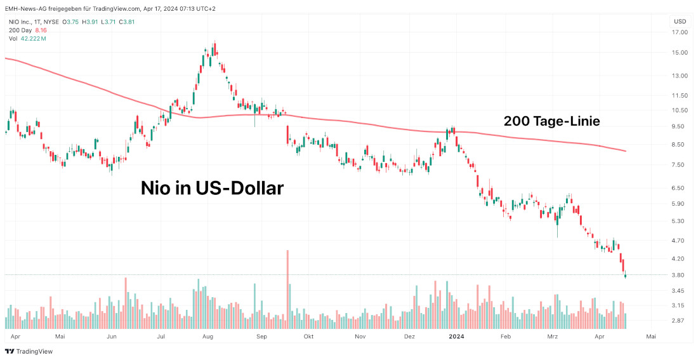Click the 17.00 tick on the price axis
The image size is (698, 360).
point(680,33)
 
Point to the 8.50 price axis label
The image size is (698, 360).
point(679,145)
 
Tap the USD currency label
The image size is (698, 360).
point(680,22)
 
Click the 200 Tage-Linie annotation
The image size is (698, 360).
point(551,121)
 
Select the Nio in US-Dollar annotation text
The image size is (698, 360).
point(211,188)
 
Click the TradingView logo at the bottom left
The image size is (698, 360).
point(29,351)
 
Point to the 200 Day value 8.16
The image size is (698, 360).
point(41,30)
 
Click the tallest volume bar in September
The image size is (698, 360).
point(287,289)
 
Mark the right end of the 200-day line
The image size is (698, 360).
point(626,151)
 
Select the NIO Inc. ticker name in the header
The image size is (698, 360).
point(23,22)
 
